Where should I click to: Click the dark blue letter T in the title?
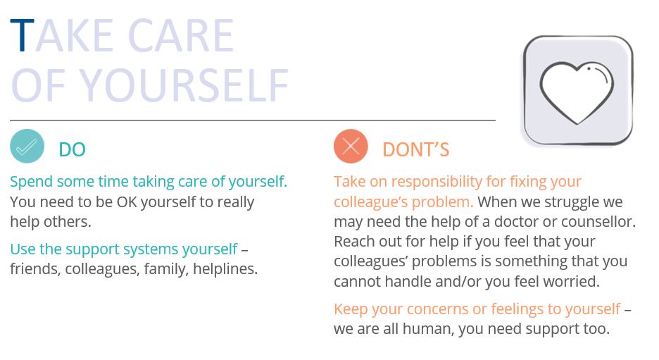pyautogui.click(x=22, y=35)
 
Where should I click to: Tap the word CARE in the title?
pyautogui.click(x=181, y=36)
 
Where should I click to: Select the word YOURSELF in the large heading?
pyautogui.click(x=184, y=85)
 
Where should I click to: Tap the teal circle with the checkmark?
pyautogui.click(x=27, y=146)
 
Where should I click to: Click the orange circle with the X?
pyautogui.click(x=351, y=147)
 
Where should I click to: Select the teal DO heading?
pyautogui.click(x=73, y=150)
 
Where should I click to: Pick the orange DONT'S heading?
pyautogui.click(x=415, y=150)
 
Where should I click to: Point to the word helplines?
pyautogui.click(x=225, y=268)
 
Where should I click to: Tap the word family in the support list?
pyautogui.click(x=166, y=269)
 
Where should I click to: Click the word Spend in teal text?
pyautogui.click(x=32, y=182)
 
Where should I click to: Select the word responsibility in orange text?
pyautogui.click(x=437, y=182)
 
